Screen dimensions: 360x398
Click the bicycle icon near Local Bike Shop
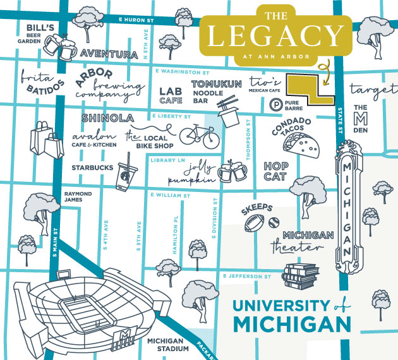[x=198, y=135]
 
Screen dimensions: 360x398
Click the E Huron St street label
[x=136, y=21]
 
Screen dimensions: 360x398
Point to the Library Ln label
[x=167, y=160]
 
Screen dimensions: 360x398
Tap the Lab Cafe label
[x=171, y=95]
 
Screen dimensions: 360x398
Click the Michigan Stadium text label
[x=167, y=344]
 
